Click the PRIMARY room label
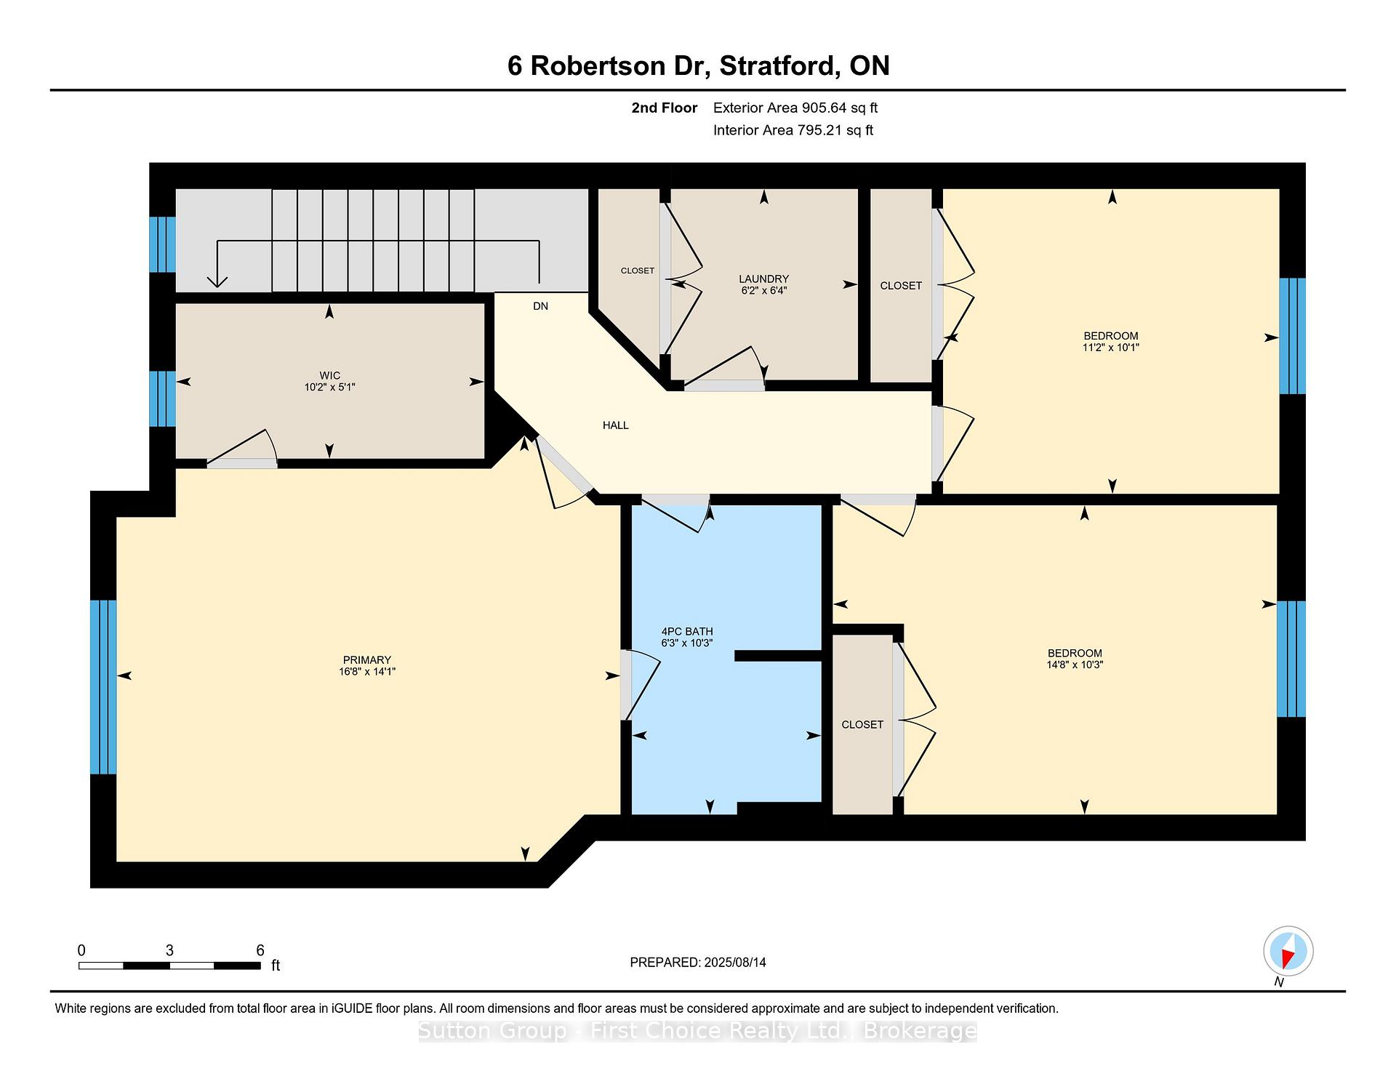click(367, 660)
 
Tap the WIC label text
click(330, 376)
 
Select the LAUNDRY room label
click(763, 279)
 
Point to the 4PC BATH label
click(687, 632)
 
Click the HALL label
click(616, 425)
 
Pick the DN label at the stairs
click(540, 306)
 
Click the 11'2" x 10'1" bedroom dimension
click(1111, 348)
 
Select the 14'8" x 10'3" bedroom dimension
click(1075, 665)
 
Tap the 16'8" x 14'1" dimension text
click(367, 672)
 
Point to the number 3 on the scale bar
click(169, 950)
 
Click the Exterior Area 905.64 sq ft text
click(795, 108)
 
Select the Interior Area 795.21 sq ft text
click(793, 130)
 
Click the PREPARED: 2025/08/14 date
click(698, 963)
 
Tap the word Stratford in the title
click(776, 65)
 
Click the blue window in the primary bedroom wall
click(103, 687)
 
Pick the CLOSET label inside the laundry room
click(638, 270)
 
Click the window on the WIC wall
click(163, 398)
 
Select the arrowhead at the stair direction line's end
click(217, 281)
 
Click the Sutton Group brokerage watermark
click(698, 1031)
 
